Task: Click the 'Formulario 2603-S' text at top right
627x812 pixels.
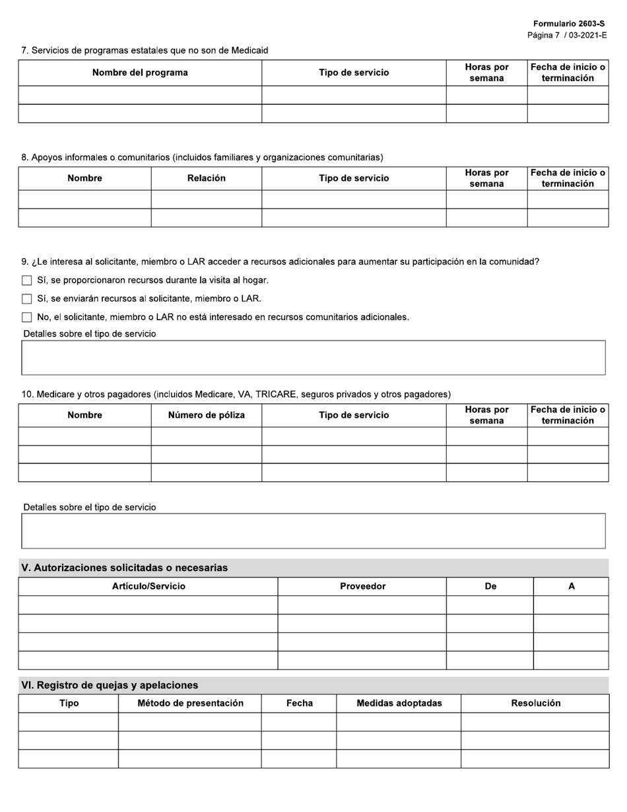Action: (569, 24)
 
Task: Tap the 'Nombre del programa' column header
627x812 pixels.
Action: (140, 73)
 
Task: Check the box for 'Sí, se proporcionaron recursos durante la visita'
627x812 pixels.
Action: (27, 281)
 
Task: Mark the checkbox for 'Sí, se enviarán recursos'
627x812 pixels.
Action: (27, 299)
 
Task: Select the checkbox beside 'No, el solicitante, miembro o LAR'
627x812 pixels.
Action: (27, 318)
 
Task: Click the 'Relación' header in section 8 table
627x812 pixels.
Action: (206, 178)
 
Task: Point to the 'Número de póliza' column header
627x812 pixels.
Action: (206, 415)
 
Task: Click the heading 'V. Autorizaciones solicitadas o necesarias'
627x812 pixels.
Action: (125, 568)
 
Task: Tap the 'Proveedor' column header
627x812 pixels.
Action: (362, 586)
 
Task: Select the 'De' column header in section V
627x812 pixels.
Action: (490, 586)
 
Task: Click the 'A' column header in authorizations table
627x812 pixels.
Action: (572, 586)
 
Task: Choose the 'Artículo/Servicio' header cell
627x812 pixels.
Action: (148, 586)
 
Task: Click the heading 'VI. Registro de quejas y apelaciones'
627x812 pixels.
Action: (110, 685)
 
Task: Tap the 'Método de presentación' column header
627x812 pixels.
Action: (190, 703)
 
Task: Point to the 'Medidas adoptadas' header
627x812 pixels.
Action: (399, 703)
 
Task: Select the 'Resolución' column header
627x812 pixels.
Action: (535, 703)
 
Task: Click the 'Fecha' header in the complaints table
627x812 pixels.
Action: (299, 703)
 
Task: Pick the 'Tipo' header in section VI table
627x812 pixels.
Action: (69, 703)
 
